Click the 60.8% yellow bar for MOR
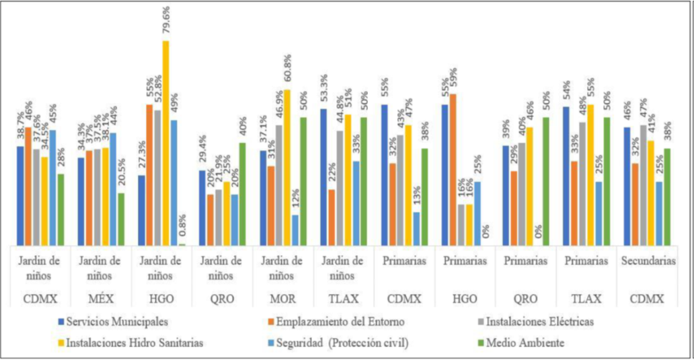[x=287, y=168]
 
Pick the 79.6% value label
[x=165, y=21]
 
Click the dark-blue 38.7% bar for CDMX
[x=20, y=196]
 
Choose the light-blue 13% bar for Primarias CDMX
[x=416, y=229]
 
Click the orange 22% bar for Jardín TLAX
[x=331, y=217]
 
